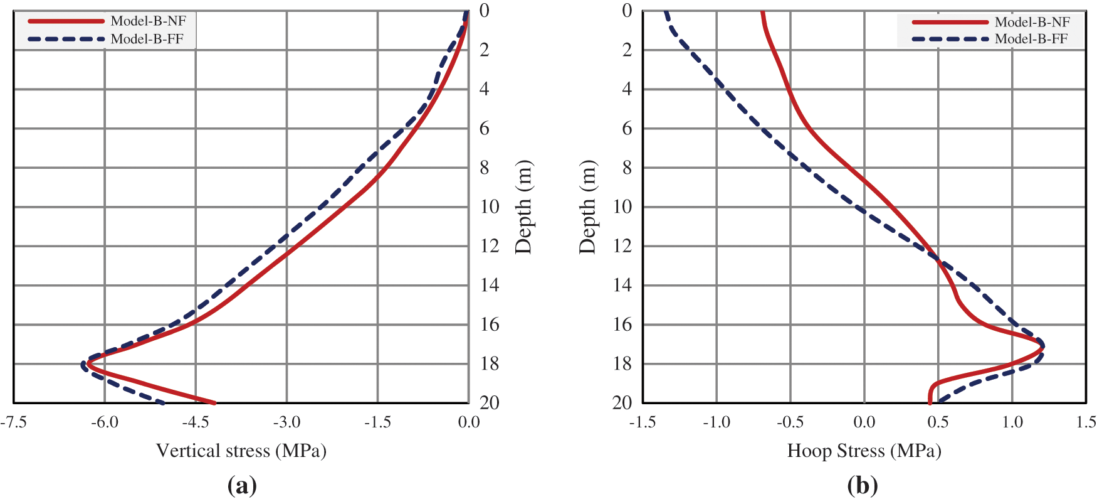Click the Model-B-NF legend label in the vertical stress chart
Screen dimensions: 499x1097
148,21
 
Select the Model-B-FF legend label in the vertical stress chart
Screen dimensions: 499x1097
147,39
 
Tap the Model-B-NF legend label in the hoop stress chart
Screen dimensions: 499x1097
1032,22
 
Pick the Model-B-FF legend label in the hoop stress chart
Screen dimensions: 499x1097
1031,39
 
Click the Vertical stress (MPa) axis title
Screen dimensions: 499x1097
241,451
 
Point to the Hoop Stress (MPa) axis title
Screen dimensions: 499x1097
864,451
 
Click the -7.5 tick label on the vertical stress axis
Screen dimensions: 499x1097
13,422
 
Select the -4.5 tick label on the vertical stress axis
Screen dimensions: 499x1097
195,422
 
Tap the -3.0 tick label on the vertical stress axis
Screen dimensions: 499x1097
286,422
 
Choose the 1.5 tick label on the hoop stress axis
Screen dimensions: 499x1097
1086,422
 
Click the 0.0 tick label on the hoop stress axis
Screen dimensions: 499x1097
864,422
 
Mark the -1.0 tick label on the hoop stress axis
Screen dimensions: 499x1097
716,422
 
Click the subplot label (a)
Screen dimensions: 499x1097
242,485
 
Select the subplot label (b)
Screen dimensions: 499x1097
863,485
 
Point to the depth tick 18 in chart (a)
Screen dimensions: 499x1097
490,363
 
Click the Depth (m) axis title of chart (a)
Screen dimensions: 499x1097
523,207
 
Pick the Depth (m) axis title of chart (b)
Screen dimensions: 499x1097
587,207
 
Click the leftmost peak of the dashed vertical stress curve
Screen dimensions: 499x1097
83,364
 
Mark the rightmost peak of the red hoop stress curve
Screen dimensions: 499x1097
1042,346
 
